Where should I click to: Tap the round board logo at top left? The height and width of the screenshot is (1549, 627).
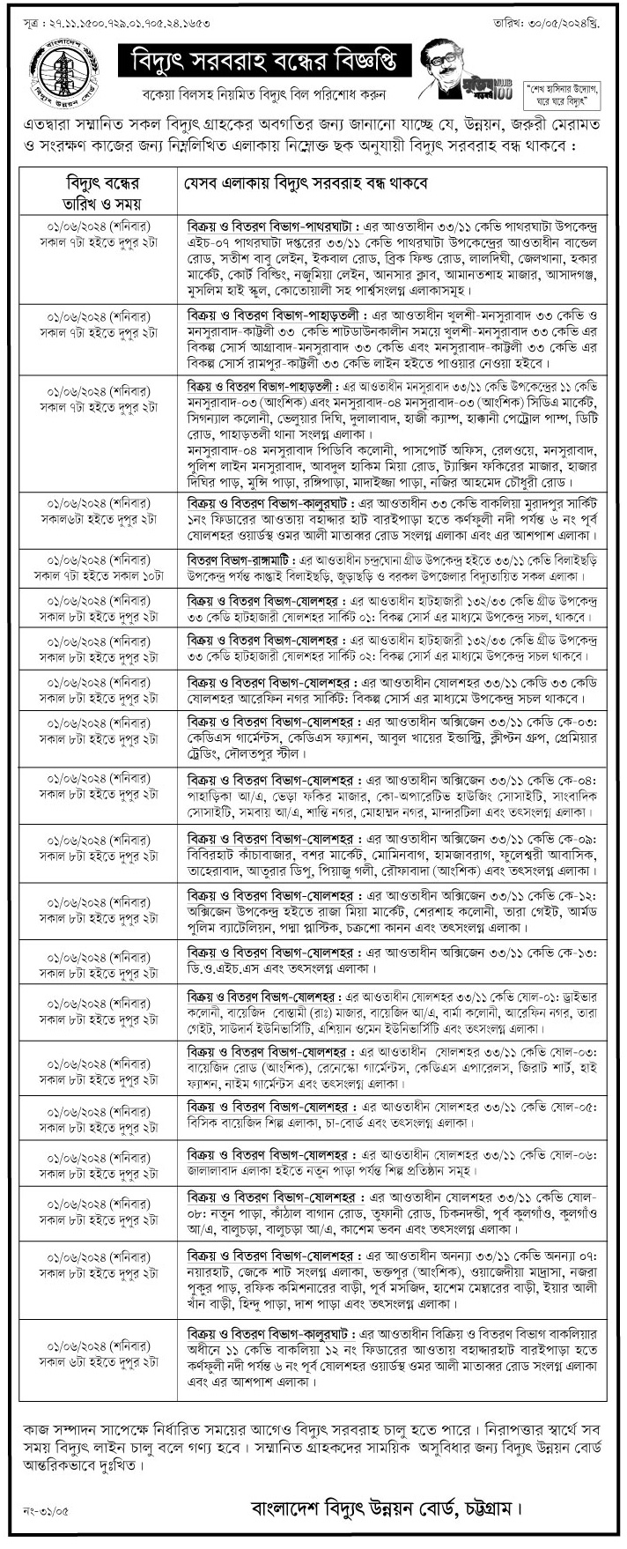tap(64, 71)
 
